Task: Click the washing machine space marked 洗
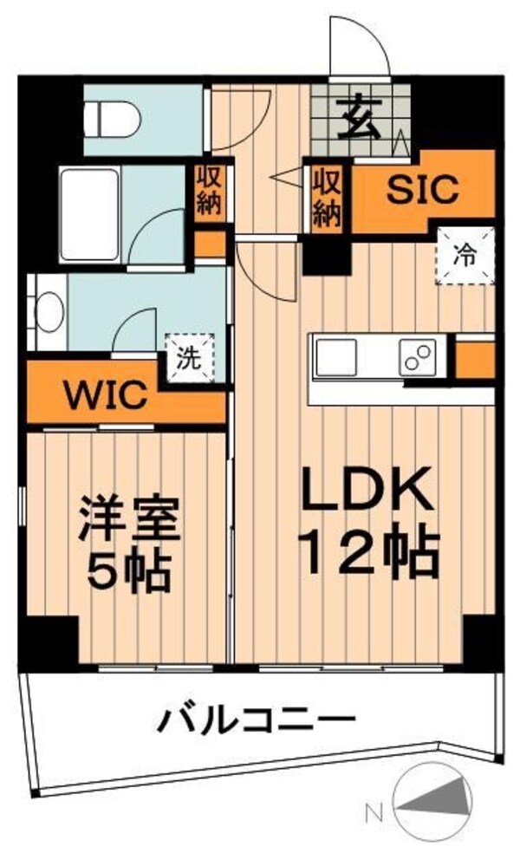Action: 187,357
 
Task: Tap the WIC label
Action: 101,396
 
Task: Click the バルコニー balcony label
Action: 257,719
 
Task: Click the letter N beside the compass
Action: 374,813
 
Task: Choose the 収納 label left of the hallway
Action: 209,193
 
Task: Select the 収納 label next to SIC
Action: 326,197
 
